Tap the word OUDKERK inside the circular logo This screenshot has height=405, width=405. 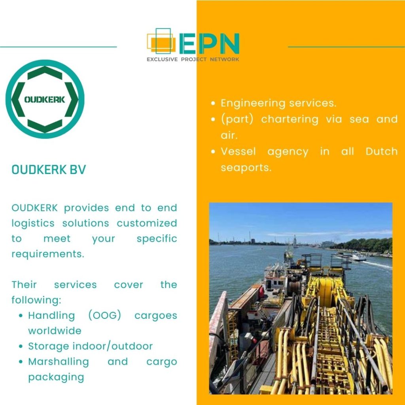click(x=45, y=99)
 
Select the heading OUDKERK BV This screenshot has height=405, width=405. click(x=49, y=170)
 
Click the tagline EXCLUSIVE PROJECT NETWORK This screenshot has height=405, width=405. click(x=193, y=59)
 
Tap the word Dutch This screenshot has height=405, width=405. click(x=382, y=151)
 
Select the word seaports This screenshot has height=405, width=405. click(x=246, y=168)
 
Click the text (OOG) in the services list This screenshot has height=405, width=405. click(x=104, y=315)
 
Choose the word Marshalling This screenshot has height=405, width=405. click(x=59, y=361)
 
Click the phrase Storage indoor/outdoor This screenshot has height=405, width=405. click(x=91, y=346)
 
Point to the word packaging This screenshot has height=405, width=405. click(x=56, y=377)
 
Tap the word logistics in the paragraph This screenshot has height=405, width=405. click(x=33, y=223)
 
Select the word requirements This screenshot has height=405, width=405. click(x=48, y=254)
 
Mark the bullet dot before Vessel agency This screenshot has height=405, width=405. click(x=213, y=151)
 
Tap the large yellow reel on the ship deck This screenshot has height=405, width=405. click(x=326, y=291)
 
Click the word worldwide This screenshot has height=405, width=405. click(x=55, y=331)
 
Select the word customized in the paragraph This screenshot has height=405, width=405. click(x=147, y=223)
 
